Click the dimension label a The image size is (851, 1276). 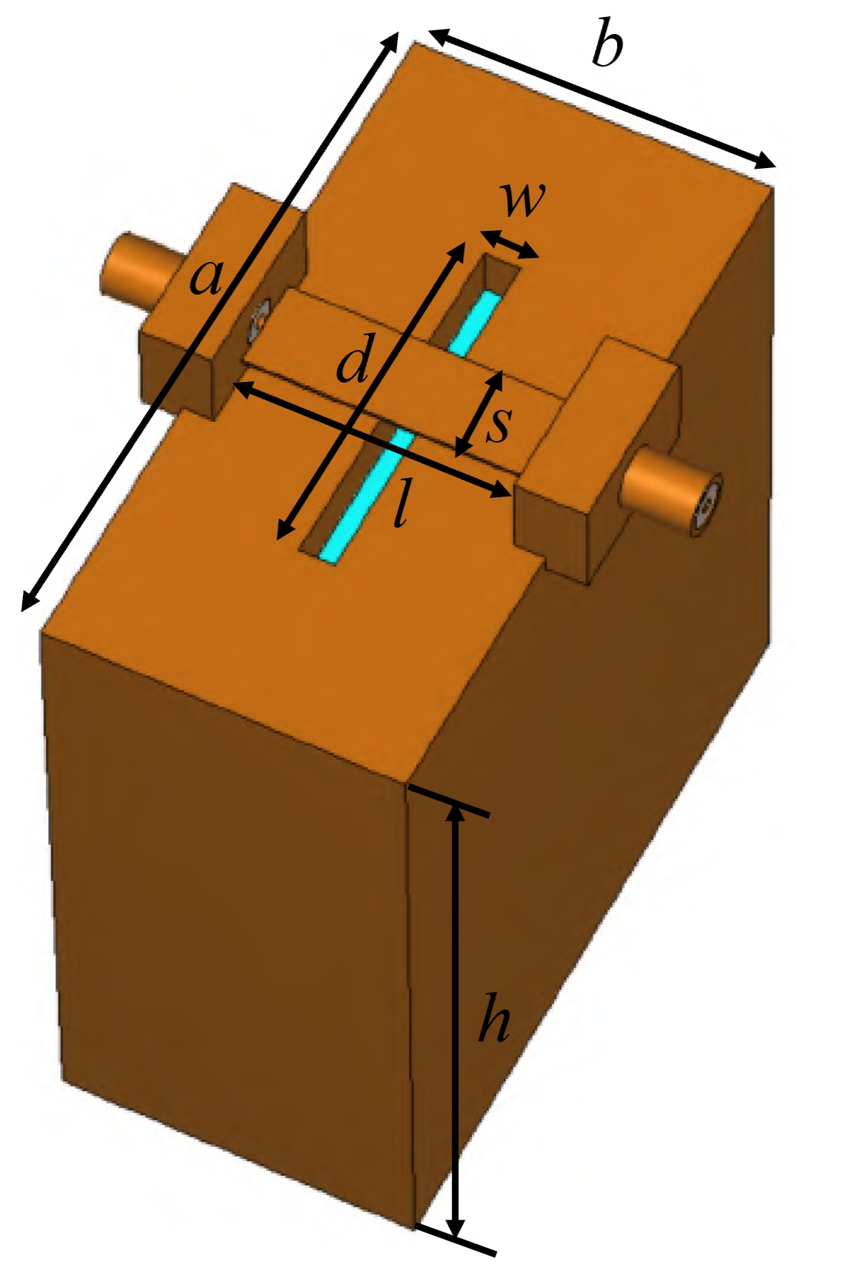click(x=206, y=277)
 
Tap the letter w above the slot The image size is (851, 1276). click(x=523, y=198)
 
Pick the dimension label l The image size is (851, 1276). click(x=400, y=505)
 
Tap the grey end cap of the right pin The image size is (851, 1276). click(x=708, y=507)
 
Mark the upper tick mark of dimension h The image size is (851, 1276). click(x=448, y=802)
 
